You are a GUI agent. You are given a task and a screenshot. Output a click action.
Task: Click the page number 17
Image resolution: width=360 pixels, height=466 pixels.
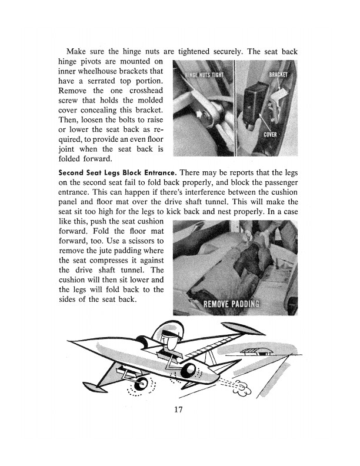pyautogui.click(x=180, y=411)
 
